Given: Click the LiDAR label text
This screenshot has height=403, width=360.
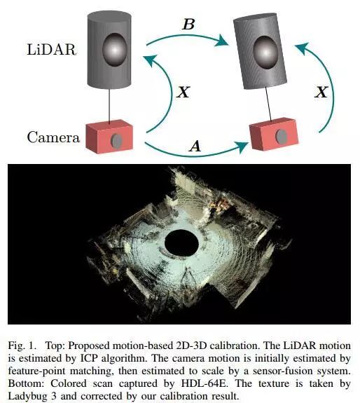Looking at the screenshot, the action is [52, 49].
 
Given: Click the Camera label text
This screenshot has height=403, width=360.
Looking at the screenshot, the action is [53, 137].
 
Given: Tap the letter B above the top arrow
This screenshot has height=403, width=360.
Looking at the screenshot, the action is [188, 25].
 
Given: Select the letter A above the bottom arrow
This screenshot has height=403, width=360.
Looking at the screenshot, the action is [195, 146].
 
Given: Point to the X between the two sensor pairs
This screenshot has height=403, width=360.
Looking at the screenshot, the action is [184, 92].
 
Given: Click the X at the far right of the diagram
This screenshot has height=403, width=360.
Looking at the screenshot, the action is [321, 92].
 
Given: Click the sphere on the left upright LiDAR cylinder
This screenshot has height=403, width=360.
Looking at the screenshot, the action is [115, 49].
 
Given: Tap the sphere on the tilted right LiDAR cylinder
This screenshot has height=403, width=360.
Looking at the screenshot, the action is [265, 53].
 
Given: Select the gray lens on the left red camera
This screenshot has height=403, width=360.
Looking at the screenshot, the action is [116, 141].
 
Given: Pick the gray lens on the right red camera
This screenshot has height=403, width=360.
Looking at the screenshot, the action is [282, 136].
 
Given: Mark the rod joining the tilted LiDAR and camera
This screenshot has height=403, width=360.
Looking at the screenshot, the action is [268, 104].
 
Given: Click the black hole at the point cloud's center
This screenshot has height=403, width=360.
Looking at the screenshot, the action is [181, 243].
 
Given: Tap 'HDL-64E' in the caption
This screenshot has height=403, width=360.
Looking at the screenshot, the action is [204, 383].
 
